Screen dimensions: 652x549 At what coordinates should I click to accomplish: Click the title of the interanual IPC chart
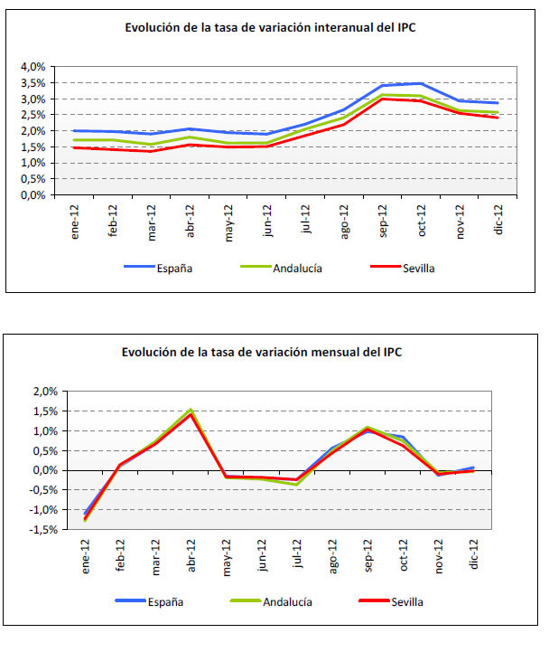(x=270, y=27)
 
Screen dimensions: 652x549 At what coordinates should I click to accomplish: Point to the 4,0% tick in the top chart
(x=33, y=67)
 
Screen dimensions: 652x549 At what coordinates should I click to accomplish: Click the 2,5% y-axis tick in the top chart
(x=33, y=115)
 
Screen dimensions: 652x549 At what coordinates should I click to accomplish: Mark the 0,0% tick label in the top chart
(x=33, y=194)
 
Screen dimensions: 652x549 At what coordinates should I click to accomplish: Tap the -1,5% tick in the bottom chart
(x=31, y=529)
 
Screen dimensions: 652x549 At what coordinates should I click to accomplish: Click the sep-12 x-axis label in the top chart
(x=384, y=220)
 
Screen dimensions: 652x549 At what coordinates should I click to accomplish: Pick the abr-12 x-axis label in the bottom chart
(x=191, y=553)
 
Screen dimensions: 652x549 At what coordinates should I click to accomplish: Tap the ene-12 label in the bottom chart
(x=86, y=553)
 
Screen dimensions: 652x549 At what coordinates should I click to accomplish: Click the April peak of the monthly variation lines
(x=191, y=411)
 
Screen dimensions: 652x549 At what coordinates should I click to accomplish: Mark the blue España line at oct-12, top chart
(x=422, y=83)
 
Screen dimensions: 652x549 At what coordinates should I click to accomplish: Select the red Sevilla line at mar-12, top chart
(x=150, y=151)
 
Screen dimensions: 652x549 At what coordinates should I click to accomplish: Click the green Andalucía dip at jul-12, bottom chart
(x=297, y=484)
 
